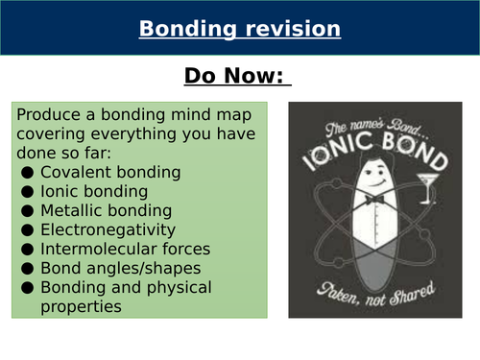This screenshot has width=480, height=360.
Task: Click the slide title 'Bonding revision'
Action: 239,29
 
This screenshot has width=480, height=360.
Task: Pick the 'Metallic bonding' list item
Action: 107,210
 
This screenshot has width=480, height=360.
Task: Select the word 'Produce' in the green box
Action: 48,114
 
